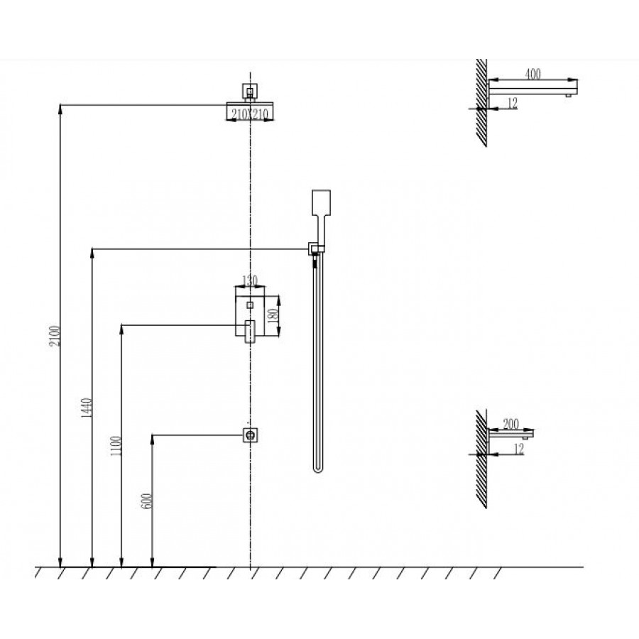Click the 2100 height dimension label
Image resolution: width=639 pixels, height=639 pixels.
tap(55, 336)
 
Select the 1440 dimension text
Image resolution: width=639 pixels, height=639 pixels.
tap(87, 408)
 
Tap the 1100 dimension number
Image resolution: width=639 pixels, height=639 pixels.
tap(116, 446)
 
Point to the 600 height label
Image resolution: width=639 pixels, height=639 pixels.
tap(147, 501)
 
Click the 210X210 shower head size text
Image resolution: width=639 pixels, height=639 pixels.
tap(250, 114)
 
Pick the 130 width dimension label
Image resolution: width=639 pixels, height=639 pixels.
tap(250, 280)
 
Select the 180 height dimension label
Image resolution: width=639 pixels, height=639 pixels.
tap(273, 315)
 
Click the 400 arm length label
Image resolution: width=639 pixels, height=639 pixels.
tap(532, 74)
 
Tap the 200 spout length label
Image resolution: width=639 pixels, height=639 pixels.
tap(510, 424)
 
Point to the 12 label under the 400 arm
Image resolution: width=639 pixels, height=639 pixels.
tap(512, 103)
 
